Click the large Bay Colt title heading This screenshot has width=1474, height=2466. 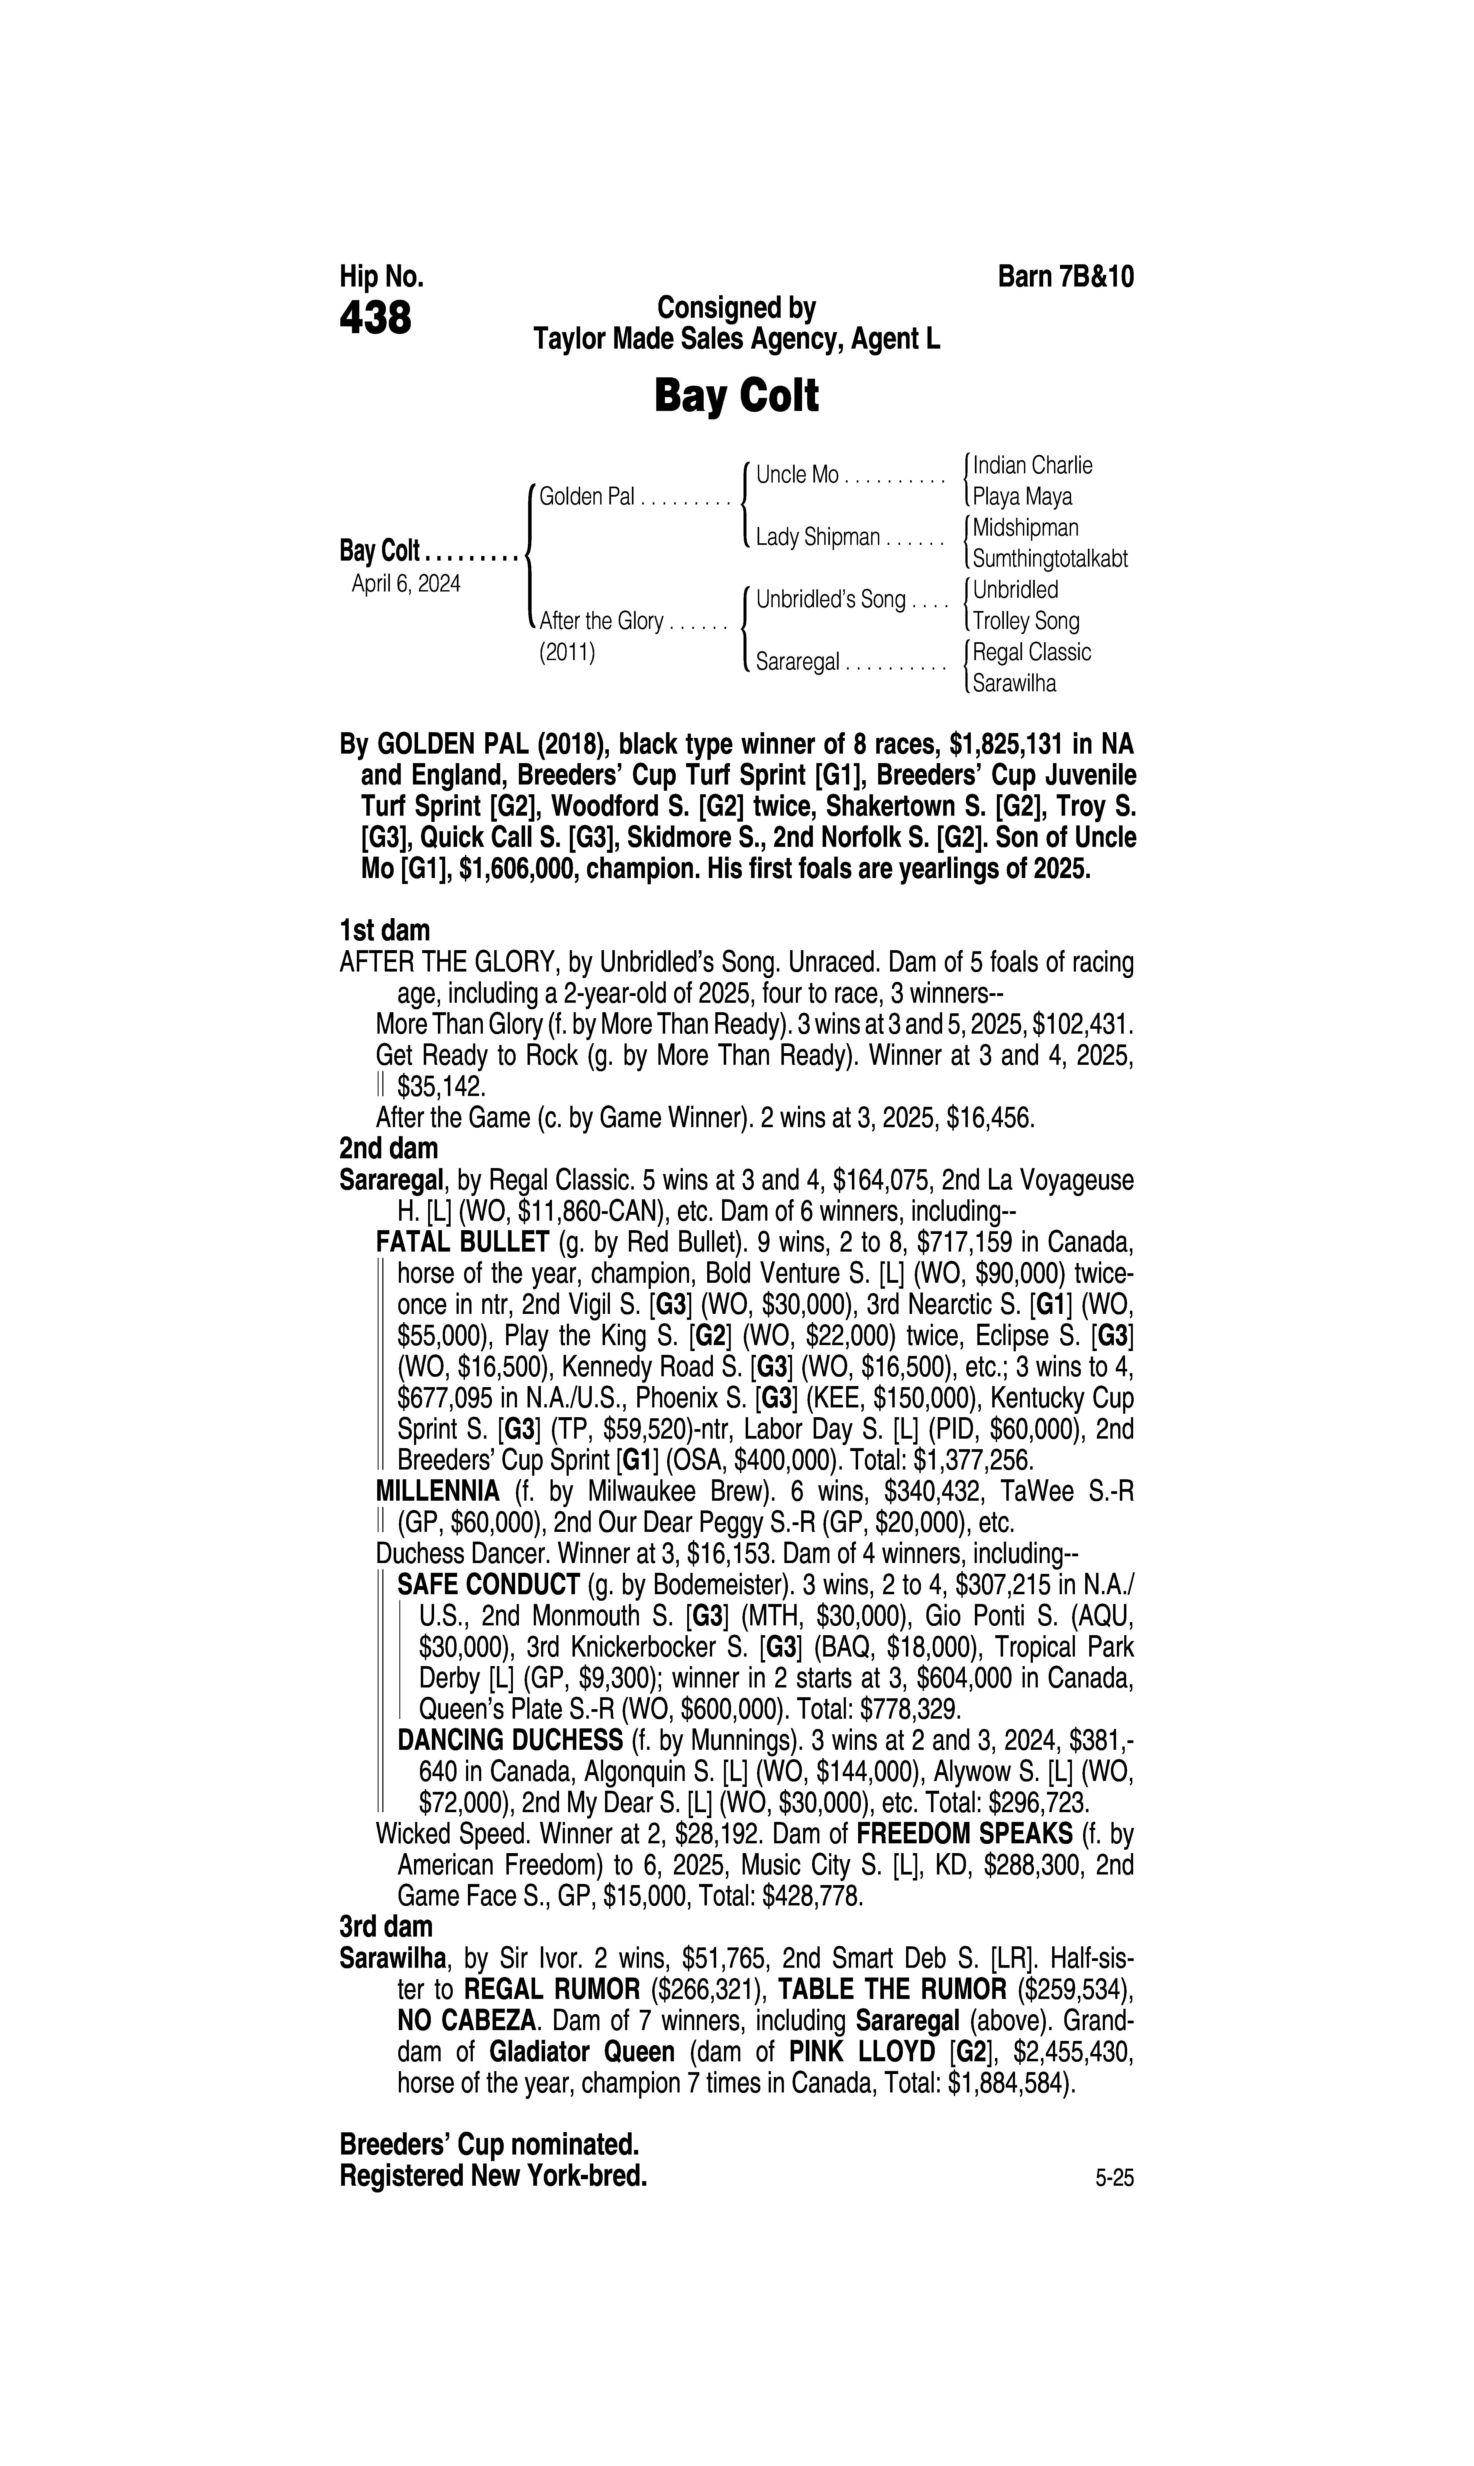736,396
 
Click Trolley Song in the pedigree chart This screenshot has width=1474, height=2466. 1025,621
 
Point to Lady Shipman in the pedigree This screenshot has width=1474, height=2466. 817,538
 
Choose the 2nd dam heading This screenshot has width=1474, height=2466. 388,1149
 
